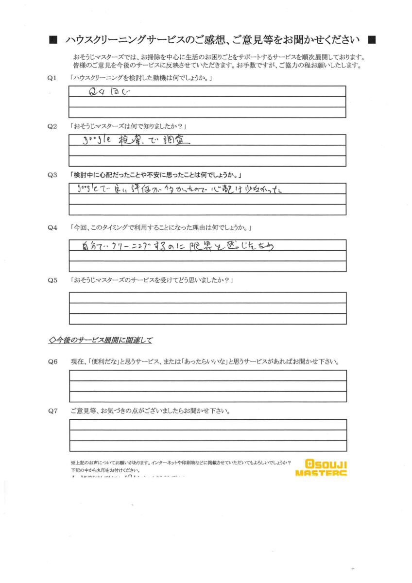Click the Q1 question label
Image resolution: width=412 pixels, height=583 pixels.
pos(52,78)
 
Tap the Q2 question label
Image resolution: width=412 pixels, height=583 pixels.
pos(52,126)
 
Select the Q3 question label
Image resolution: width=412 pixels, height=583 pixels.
pos(52,175)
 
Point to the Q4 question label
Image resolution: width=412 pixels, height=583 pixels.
pos(52,227)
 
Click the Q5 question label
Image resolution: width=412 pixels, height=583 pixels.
pos(52,280)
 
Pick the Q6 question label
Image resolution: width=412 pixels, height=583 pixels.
pos(52,362)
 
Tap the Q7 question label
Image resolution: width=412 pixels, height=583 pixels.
pos(52,411)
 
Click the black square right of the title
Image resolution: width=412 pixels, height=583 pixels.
pos(372,39)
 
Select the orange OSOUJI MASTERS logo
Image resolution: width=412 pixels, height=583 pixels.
pos(321,467)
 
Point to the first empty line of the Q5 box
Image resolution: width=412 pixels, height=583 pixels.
pos(208,297)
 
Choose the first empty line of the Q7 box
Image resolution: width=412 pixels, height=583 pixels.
pos(208,424)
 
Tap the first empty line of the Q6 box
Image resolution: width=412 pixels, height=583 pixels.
pos(208,375)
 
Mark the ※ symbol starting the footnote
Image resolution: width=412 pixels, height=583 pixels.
pos(73,462)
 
